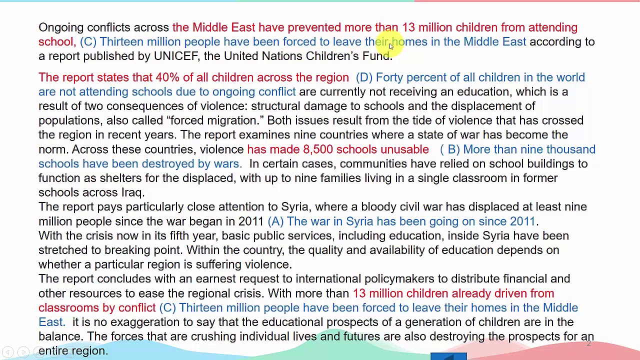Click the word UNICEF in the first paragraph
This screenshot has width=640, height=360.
point(175,56)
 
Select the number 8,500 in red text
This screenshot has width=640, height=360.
point(317,149)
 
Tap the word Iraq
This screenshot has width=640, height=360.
point(132,192)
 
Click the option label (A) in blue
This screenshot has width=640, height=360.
point(275,221)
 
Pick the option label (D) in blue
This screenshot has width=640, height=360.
point(364,77)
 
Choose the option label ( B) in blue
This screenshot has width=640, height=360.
point(449,149)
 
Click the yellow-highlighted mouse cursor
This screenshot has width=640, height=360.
point(391,45)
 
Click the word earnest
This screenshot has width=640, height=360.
point(215,279)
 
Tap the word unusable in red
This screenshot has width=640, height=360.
point(404,149)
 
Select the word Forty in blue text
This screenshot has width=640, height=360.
point(389,77)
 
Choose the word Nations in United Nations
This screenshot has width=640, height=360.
point(281,56)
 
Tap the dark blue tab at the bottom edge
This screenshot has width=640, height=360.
point(448,356)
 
